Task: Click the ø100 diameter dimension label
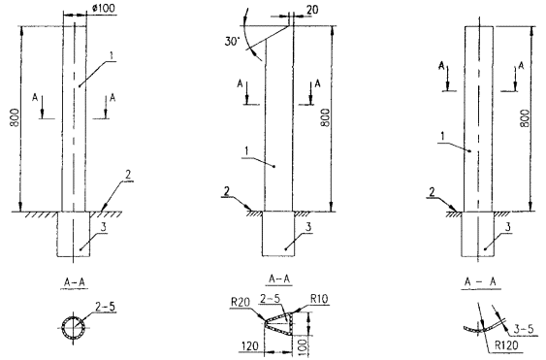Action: (x=104, y=8)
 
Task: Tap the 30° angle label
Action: (x=232, y=42)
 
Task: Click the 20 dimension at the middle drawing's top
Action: (x=312, y=10)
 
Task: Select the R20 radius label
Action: (x=241, y=302)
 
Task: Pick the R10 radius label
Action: (x=319, y=299)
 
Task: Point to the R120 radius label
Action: (x=506, y=345)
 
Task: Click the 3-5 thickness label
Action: (x=524, y=328)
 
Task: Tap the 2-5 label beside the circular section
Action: (x=105, y=307)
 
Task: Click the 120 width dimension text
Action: (x=251, y=346)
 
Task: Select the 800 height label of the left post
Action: (x=15, y=117)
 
